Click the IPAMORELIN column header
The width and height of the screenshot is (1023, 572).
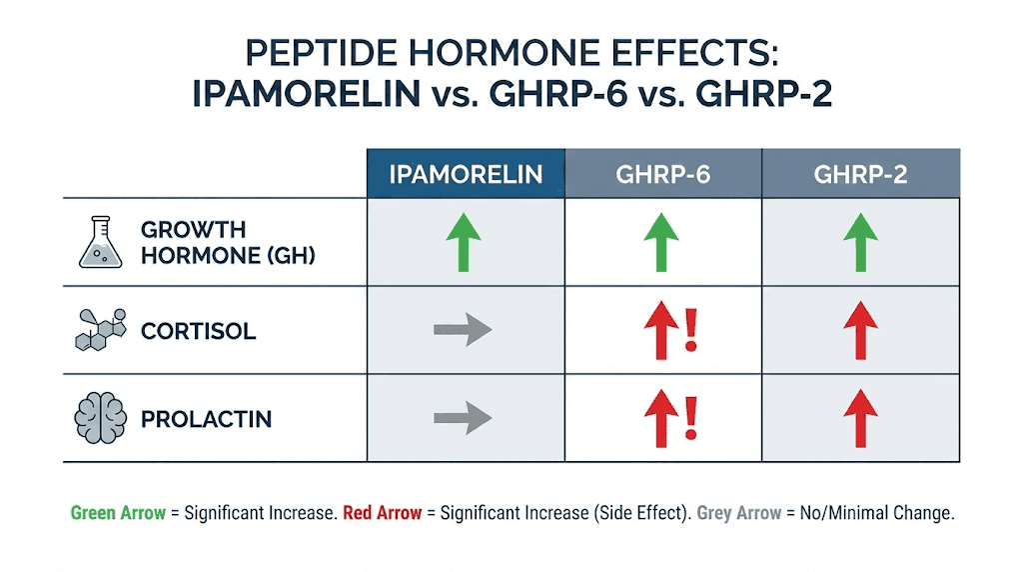point(466,174)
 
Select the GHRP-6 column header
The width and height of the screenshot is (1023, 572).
point(662,174)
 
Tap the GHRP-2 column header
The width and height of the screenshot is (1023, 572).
point(860,174)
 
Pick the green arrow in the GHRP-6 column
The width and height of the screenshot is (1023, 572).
point(660,243)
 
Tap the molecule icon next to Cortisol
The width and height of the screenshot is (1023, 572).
point(101,330)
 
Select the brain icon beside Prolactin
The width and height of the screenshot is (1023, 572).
point(99,418)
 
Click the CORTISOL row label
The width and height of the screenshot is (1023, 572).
point(198,331)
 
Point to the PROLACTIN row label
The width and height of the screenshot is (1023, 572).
point(206,419)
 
